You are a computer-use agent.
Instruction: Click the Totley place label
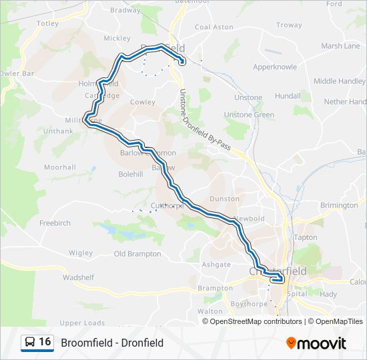(x=48, y=23)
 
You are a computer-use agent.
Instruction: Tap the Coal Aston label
(x=214, y=27)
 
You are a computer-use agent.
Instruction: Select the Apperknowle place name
(x=274, y=67)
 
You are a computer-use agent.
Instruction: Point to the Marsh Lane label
(x=340, y=46)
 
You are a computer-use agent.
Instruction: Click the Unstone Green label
(x=249, y=115)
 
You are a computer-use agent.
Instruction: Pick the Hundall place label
(x=288, y=96)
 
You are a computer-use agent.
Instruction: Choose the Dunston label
(x=224, y=199)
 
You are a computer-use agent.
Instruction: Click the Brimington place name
(x=338, y=205)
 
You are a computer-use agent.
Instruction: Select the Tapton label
(x=306, y=237)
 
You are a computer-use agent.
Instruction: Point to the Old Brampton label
(x=137, y=254)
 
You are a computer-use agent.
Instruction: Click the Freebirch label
(x=55, y=223)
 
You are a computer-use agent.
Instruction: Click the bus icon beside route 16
(x=29, y=343)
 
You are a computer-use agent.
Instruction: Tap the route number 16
(x=45, y=342)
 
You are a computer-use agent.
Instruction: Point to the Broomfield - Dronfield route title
(x=112, y=343)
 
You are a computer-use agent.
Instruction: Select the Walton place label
(x=210, y=311)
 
